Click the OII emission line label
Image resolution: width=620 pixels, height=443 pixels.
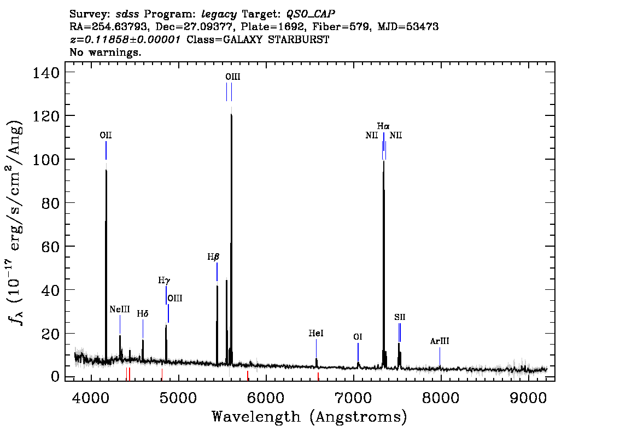(x=106, y=135)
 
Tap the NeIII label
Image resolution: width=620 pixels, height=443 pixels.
(x=119, y=310)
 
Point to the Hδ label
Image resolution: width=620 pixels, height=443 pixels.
(x=143, y=314)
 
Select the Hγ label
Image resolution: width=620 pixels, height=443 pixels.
(x=164, y=281)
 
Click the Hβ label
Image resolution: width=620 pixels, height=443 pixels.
(x=213, y=257)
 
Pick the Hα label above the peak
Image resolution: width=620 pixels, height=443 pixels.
(x=383, y=126)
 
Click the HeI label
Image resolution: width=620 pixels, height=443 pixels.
(x=316, y=334)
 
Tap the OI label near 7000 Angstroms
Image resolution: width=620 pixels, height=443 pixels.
(x=358, y=337)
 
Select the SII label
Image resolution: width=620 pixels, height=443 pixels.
(x=400, y=317)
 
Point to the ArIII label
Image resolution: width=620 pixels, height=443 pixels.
(x=440, y=341)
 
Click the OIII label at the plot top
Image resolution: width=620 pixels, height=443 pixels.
(x=232, y=77)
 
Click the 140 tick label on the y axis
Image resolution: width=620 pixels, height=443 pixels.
(x=46, y=73)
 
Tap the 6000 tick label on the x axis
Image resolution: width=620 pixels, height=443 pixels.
(x=266, y=397)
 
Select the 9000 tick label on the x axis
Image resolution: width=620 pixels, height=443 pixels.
(x=528, y=397)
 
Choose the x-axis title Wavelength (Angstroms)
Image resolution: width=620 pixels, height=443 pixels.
(x=309, y=417)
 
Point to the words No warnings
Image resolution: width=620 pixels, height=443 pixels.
(x=105, y=52)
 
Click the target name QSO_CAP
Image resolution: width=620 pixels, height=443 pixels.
(x=311, y=14)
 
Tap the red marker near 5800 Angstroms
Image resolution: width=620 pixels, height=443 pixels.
(x=248, y=376)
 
